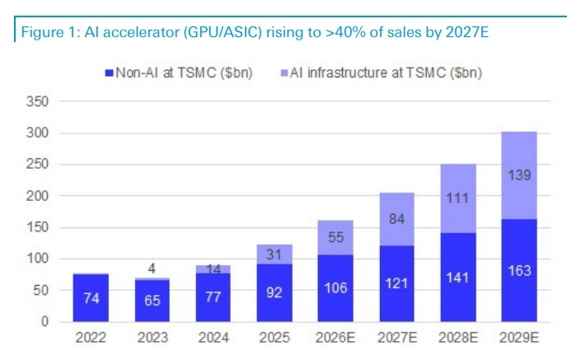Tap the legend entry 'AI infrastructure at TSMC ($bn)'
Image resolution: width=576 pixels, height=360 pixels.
click(382, 72)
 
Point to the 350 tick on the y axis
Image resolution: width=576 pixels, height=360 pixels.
click(38, 101)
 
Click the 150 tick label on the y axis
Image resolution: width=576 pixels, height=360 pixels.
click(38, 227)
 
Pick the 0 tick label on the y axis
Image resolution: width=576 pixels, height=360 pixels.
click(45, 321)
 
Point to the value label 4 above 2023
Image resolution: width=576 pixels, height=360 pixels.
click(150, 267)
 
